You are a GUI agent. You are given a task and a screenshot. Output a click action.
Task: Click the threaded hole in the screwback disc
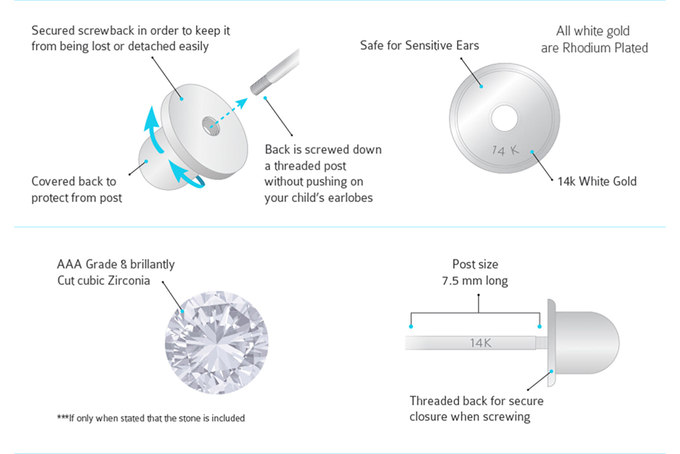point(211,126)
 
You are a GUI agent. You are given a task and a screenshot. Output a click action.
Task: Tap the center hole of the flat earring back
point(504,118)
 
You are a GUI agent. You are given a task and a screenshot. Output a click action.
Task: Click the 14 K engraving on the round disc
point(505,150)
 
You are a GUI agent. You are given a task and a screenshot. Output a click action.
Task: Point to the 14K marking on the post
point(480,343)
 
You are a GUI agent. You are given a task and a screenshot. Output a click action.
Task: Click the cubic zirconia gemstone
point(217,343)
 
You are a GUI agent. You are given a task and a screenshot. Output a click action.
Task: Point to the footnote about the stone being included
point(151,418)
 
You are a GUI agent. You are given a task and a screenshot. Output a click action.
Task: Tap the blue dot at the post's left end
point(411,326)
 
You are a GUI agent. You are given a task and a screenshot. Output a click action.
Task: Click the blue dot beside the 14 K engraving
point(532,152)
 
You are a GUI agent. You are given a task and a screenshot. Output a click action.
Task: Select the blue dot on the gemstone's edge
point(182,311)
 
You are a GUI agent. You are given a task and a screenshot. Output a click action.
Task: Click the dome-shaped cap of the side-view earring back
point(587,343)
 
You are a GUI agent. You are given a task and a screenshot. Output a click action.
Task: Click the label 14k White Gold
point(597,182)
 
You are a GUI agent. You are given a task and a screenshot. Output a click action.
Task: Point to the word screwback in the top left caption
point(106,31)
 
